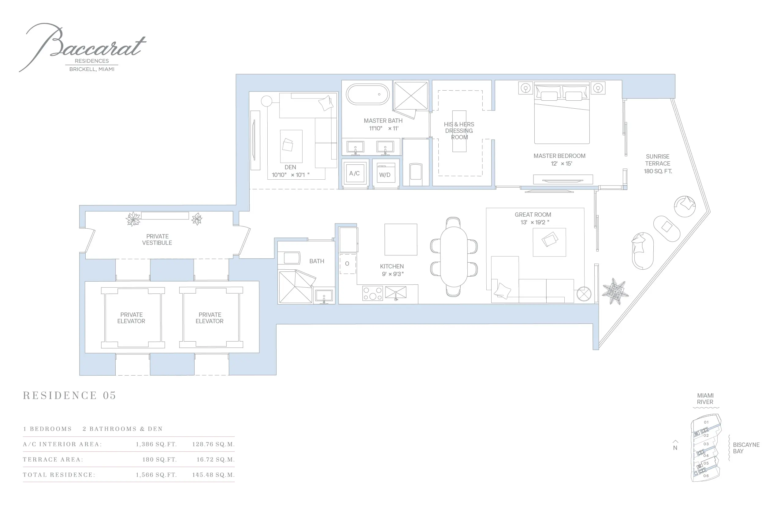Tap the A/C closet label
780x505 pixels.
click(354, 174)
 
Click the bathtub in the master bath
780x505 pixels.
click(368, 95)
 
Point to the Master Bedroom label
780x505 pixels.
click(559, 156)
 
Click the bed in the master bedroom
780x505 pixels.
click(562, 113)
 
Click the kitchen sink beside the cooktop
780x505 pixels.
click(396, 293)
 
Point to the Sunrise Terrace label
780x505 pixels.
click(658, 164)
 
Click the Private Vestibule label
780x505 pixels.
click(157, 240)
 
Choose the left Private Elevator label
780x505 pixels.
click(131, 318)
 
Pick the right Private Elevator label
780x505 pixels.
click(210, 318)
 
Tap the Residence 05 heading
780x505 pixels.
click(69, 395)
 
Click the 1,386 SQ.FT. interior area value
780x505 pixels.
click(156, 444)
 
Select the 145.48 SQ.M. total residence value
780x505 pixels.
click(214, 475)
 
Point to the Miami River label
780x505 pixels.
click(705, 399)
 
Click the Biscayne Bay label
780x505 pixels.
click(746, 448)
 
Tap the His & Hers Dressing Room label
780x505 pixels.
click(459, 130)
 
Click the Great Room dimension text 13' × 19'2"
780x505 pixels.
click(535, 222)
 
